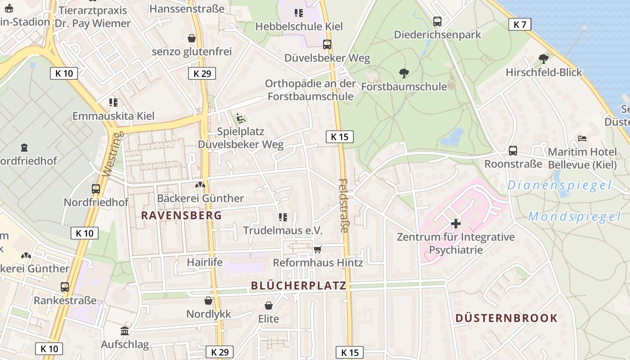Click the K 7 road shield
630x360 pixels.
520,24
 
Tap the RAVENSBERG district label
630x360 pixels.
182,215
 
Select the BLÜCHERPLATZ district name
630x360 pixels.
299,285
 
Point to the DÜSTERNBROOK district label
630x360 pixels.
506,318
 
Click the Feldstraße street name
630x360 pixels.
343,206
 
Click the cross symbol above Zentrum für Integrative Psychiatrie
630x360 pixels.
456,223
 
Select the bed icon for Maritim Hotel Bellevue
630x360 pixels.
582,139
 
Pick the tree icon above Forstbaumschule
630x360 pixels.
404,73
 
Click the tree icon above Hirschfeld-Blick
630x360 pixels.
544,58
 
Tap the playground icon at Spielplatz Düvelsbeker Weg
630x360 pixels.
241,118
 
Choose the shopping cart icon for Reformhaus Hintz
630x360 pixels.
318,249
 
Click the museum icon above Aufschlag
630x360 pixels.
125,331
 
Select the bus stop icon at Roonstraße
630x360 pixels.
513,151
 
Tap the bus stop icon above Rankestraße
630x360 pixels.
65,287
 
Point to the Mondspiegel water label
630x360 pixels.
574,216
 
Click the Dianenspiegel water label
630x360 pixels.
559,185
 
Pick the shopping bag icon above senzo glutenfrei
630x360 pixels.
192,38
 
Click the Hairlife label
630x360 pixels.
205,262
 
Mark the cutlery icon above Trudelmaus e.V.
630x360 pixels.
283,217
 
